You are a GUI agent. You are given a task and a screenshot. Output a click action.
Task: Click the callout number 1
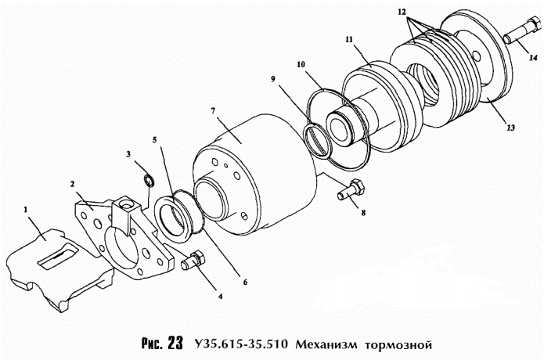pyautogui.click(x=27, y=210)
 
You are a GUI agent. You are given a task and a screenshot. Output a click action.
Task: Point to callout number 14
pyautogui.click(x=531, y=59)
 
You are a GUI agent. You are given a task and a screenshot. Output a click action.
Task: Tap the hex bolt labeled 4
pyautogui.click(x=192, y=261)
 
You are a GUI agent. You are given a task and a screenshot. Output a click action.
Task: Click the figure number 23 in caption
pyautogui.click(x=174, y=343)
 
